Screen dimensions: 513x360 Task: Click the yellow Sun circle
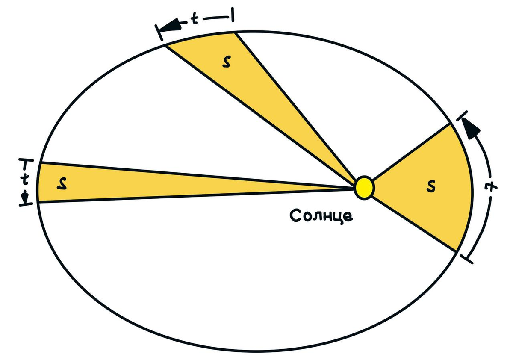[365, 187]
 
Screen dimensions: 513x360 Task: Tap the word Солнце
[321, 215]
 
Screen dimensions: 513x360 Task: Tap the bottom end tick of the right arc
[467, 259]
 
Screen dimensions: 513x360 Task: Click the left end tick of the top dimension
[160, 32]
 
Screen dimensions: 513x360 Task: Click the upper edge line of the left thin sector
[192, 174]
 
